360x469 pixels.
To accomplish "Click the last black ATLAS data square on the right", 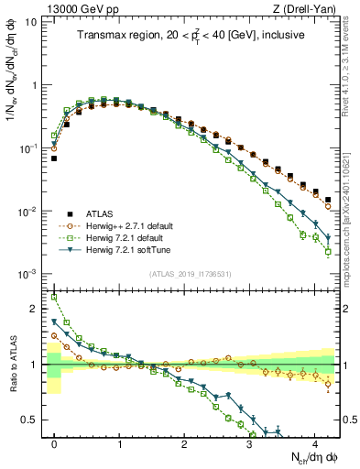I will pyautogui.click(x=328, y=200).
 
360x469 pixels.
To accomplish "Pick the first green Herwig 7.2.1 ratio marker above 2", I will pyautogui.click(x=54, y=297).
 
